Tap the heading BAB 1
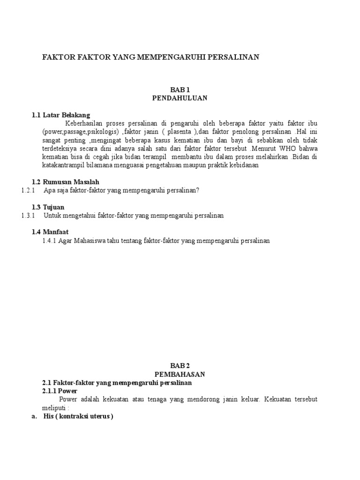coord(180,90)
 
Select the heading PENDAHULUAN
coord(180,98)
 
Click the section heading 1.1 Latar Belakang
coord(60,115)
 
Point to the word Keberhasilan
coord(84,123)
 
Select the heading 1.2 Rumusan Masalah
coord(65,181)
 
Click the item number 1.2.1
coord(29,190)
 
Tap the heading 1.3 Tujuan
coord(48,207)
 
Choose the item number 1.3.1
coord(29,216)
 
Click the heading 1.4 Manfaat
coord(50,232)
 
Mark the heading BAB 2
coord(180,366)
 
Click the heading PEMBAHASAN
coord(180,374)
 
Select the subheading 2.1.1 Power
coord(60,390)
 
